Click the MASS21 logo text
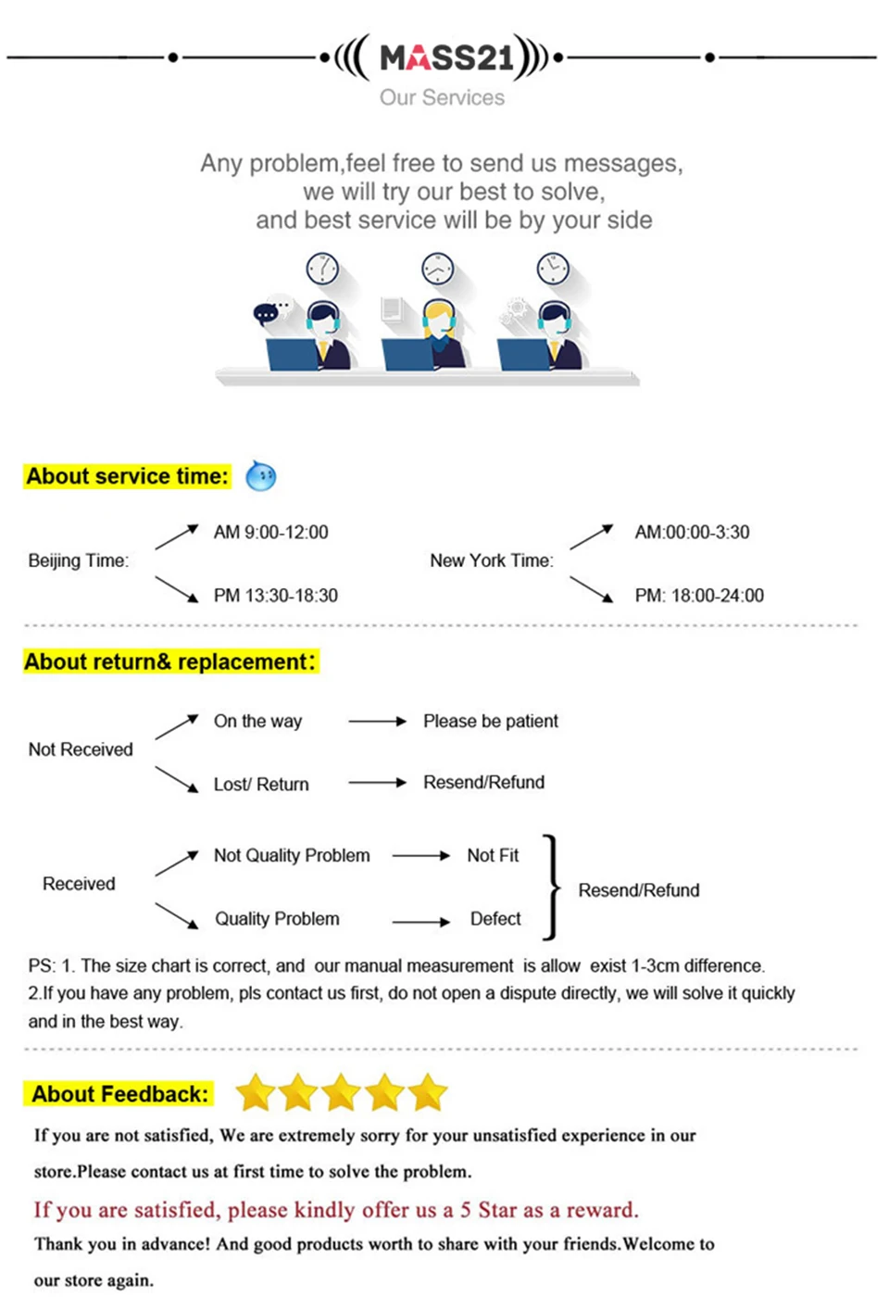coord(447,57)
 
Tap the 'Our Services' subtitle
coord(442,97)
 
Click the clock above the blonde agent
coord(437,269)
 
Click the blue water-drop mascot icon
coord(260,475)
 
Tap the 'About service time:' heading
coord(127,476)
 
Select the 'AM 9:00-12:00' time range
coord(271,533)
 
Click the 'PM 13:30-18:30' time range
coord(276,596)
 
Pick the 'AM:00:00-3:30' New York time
coord(692,533)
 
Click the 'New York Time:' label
coord(492,560)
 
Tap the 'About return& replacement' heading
coord(171,662)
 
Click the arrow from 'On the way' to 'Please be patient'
coord(377,721)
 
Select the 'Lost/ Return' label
coord(261,785)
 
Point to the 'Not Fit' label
coord(493,855)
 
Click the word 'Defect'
coord(495,919)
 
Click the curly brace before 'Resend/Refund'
coord(553,887)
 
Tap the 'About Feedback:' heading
coord(119,1094)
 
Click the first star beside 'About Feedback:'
coord(256,1091)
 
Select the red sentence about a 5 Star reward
coord(336,1210)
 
